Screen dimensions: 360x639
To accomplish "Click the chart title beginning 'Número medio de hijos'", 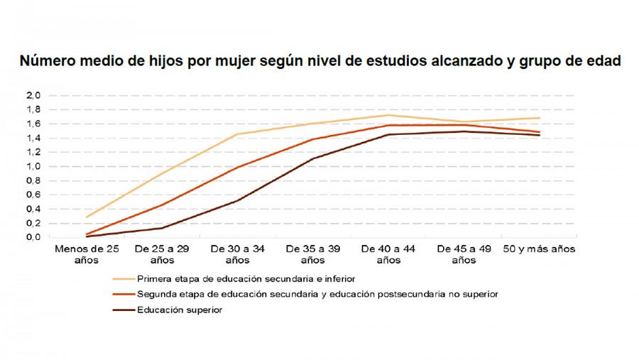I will point(319,61).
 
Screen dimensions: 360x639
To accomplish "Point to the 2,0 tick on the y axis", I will point(33,95).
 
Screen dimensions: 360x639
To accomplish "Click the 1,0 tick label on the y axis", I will point(33,166).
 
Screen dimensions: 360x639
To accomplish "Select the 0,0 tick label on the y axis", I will point(33,237).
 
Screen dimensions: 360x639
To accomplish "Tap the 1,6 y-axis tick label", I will point(33,124).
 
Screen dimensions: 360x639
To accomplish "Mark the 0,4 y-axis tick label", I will point(33,209).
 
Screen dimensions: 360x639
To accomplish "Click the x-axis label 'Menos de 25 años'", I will point(87,255).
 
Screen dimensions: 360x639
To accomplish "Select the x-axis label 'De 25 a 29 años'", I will point(161,255).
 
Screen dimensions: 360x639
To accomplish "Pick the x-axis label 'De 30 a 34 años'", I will point(237,255).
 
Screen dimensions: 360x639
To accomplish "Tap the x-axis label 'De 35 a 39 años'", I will point(312,255).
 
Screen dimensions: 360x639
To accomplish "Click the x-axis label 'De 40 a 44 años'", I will point(388,255).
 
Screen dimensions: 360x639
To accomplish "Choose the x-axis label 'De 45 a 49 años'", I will point(463,255).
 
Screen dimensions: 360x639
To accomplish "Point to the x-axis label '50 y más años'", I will point(539,249).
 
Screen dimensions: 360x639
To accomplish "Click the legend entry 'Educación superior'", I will point(180,310).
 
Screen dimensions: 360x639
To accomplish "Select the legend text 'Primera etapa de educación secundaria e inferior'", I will point(246,279).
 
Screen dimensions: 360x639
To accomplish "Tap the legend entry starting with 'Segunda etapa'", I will point(317,294).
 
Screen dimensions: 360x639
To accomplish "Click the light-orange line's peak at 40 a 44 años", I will point(388,115).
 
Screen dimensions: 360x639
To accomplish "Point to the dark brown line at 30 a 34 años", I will point(237,200).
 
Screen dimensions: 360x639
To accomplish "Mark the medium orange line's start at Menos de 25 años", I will point(87,234).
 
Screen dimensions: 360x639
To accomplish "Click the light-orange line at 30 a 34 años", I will point(237,134).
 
